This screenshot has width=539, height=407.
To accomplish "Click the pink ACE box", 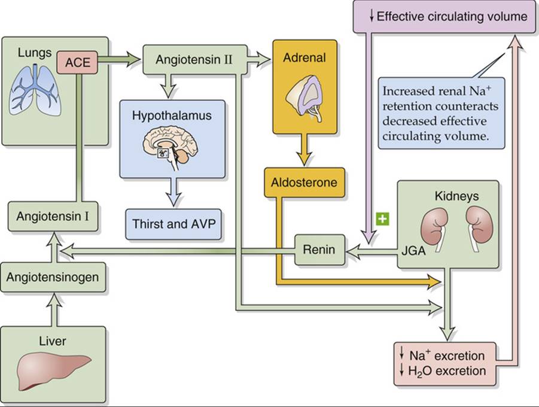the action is pyautogui.click(x=77, y=62).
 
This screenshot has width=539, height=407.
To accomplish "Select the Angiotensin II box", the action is pyautogui.click(x=195, y=59).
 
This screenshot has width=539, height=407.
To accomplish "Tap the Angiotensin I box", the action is pyautogui.click(x=53, y=217).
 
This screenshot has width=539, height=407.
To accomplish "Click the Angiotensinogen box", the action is pyautogui.click(x=53, y=277).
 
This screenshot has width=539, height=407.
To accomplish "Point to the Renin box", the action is pyautogui.click(x=319, y=250).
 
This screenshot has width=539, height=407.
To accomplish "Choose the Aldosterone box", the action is pyautogui.click(x=304, y=183).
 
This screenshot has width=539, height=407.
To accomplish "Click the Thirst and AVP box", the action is pyautogui.click(x=173, y=224).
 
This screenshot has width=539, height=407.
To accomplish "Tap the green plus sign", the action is pyautogui.click(x=383, y=219).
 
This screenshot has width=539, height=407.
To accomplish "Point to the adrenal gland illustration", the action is pyautogui.click(x=305, y=98).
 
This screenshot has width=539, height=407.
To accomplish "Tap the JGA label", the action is pyautogui.click(x=413, y=251).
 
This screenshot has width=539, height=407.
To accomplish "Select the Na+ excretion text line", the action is pyautogui.click(x=443, y=356).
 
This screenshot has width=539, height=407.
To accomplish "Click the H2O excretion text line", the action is pyautogui.click(x=443, y=371).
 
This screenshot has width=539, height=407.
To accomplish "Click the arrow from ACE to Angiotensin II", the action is pyautogui.click(x=120, y=60).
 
